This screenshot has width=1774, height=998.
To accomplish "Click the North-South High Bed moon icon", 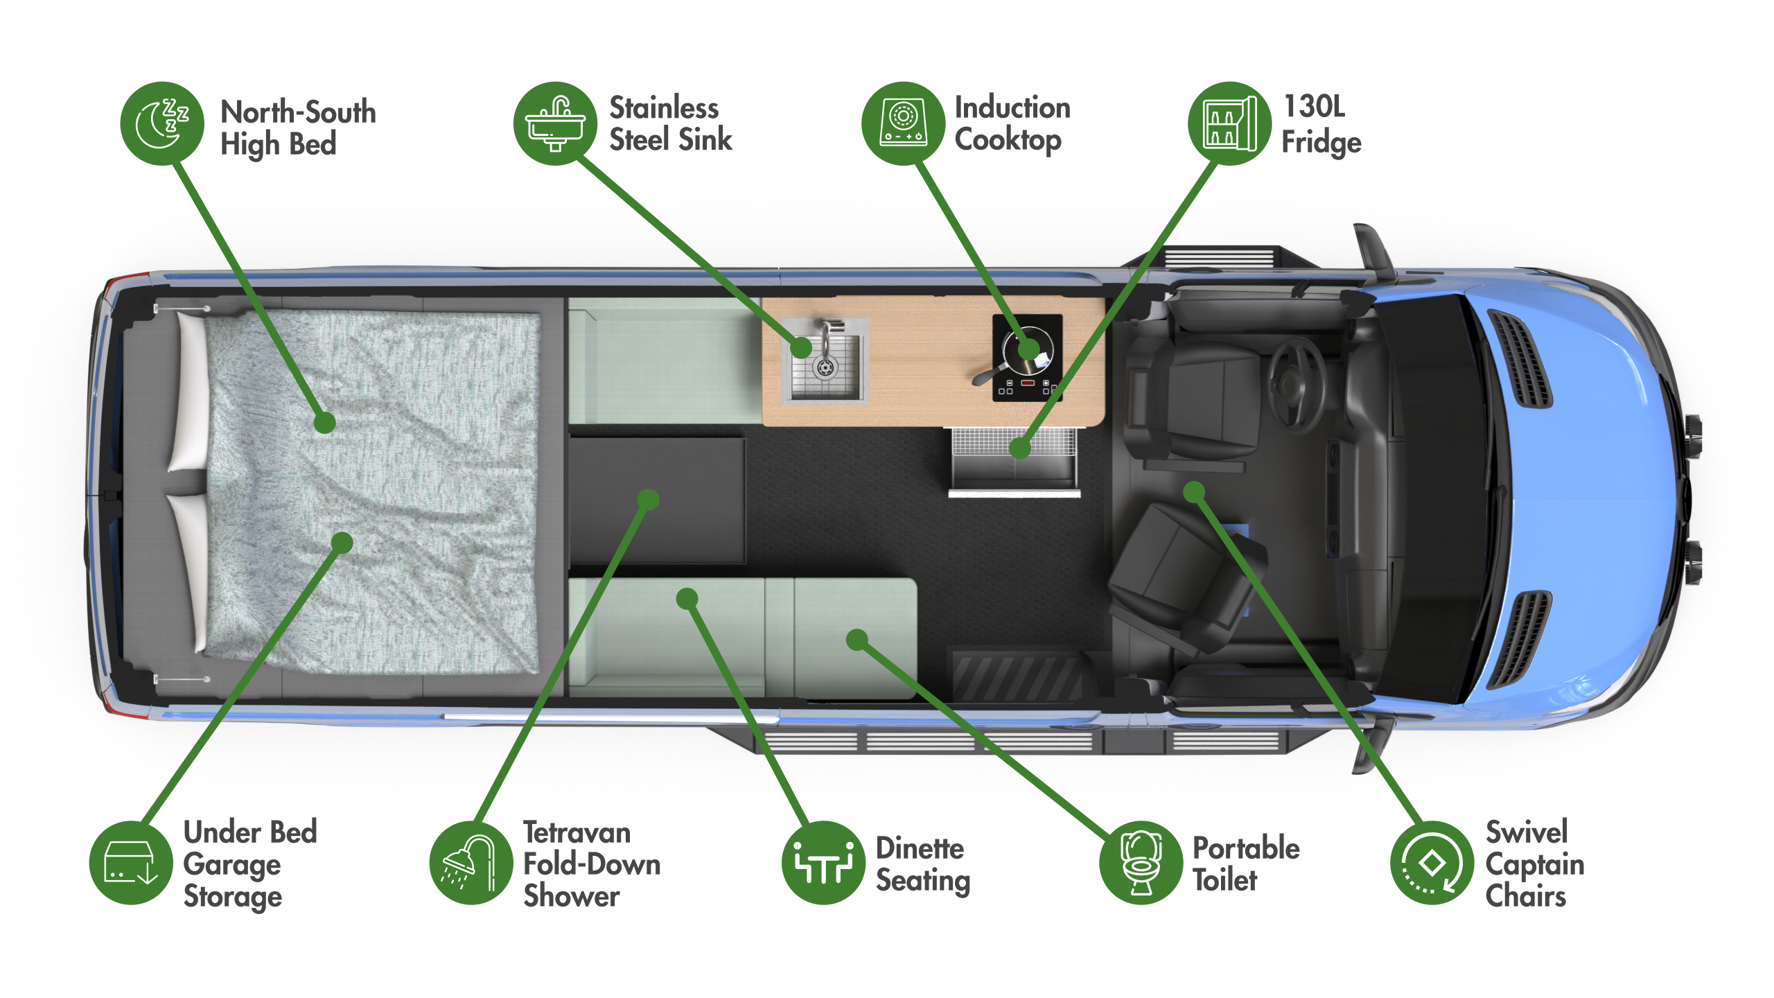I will (162, 123).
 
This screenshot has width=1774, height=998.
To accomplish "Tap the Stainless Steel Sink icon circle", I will (555, 123).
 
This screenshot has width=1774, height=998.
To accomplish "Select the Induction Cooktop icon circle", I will (903, 123).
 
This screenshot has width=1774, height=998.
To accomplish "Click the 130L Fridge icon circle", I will (1229, 123).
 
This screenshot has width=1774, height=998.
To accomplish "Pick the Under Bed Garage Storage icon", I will (131, 862).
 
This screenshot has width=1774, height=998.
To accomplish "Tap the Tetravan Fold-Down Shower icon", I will (471, 862).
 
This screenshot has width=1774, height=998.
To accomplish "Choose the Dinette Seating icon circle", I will (823, 862).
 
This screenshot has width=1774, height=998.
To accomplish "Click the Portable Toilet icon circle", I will (1141, 862).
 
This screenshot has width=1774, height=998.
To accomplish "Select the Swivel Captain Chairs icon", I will (1432, 862).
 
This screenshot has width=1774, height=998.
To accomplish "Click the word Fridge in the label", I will (1321, 142).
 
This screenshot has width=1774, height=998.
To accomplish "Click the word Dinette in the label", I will (920, 848).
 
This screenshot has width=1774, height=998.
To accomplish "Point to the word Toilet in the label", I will (1224, 879).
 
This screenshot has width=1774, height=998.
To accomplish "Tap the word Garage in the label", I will (232, 864).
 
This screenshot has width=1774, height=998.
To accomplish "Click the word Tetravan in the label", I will (577, 832).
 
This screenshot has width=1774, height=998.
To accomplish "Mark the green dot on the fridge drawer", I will (1020, 448).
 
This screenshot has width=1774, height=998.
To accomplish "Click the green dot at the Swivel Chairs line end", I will (1194, 493).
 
